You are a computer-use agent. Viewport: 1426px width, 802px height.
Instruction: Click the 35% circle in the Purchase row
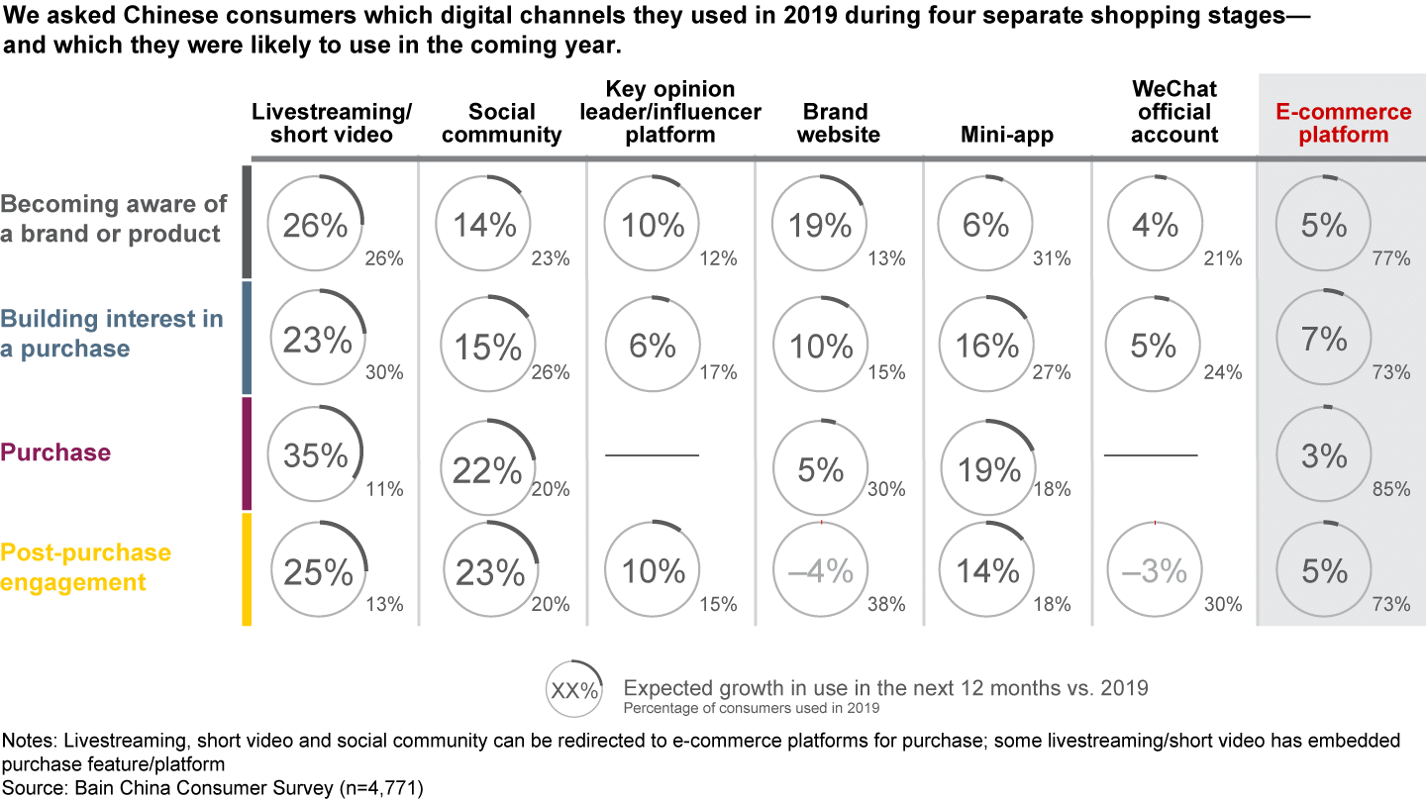(317, 455)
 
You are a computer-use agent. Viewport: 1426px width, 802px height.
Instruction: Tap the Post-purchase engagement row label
(86, 567)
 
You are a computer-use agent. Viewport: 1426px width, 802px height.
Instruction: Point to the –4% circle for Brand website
(822, 571)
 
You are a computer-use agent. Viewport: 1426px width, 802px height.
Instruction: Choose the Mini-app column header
(1007, 135)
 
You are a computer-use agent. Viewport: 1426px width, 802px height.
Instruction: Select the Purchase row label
(55, 452)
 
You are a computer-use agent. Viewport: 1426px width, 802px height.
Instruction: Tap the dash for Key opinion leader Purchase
(653, 455)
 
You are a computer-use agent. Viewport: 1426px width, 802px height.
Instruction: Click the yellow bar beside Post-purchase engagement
(247, 569)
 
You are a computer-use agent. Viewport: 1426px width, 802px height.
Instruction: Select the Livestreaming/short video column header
(332, 123)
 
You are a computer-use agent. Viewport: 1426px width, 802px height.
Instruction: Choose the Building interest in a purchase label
(112, 334)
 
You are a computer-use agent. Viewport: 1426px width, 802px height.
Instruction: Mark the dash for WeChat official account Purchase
(1151, 455)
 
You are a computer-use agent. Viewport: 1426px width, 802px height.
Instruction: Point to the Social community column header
(502, 123)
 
